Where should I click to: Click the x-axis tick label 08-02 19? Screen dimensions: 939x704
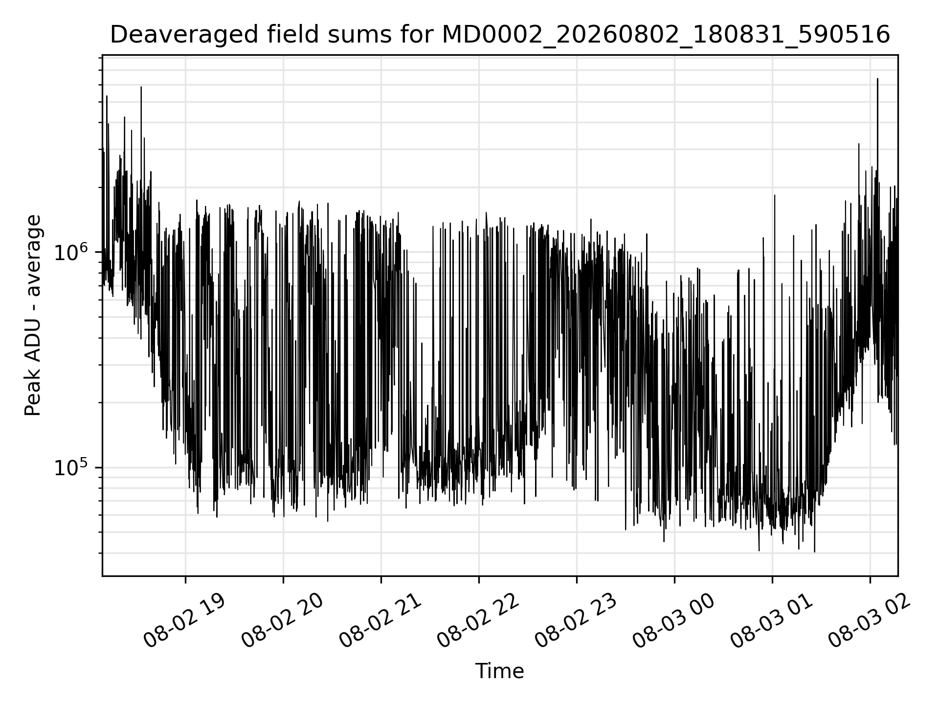tap(184, 621)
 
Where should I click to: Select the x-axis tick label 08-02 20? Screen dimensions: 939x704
tap(282, 621)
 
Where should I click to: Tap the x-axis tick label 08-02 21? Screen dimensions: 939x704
tap(380, 621)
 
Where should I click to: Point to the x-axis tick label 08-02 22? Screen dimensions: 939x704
tap(478, 621)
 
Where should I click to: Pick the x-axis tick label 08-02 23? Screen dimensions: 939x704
tap(576, 621)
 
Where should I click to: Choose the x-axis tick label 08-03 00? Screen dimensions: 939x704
tap(673, 621)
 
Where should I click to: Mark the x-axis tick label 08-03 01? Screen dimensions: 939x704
tap(771, 621)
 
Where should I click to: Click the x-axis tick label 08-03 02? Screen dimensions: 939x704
tap(869, 621)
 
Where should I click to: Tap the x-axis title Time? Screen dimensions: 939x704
tap(499, 671)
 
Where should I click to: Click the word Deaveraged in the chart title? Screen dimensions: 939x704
tap(185, 35)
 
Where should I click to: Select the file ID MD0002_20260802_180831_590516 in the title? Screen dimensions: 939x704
tap(666, 35)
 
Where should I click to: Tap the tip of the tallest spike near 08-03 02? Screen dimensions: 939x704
tap(877, 78)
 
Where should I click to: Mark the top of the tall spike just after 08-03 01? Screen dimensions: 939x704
tap(775, 195)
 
